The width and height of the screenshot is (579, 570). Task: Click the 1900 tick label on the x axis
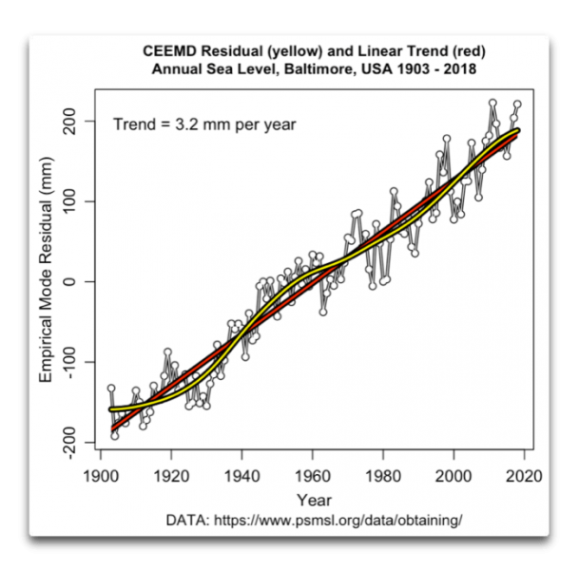click(x=100, y=476)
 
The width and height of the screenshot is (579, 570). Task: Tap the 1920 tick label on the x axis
click(x=170, y=476)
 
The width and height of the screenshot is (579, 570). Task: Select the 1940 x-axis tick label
click(x=241, y=476)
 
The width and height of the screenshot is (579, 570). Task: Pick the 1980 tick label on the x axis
click(x=383, y=476)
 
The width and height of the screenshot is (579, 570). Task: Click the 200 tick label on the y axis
click(x=76, y=122)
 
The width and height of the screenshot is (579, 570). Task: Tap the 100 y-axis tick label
click(x=76, y=201)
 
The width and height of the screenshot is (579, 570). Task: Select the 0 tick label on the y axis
click(x=76, y=282)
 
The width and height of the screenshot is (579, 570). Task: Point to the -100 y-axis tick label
click(x=76, y=363)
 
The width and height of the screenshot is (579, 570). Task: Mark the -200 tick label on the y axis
click(x=76, y=443)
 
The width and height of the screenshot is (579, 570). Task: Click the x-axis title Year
click(x=313, y=500)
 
